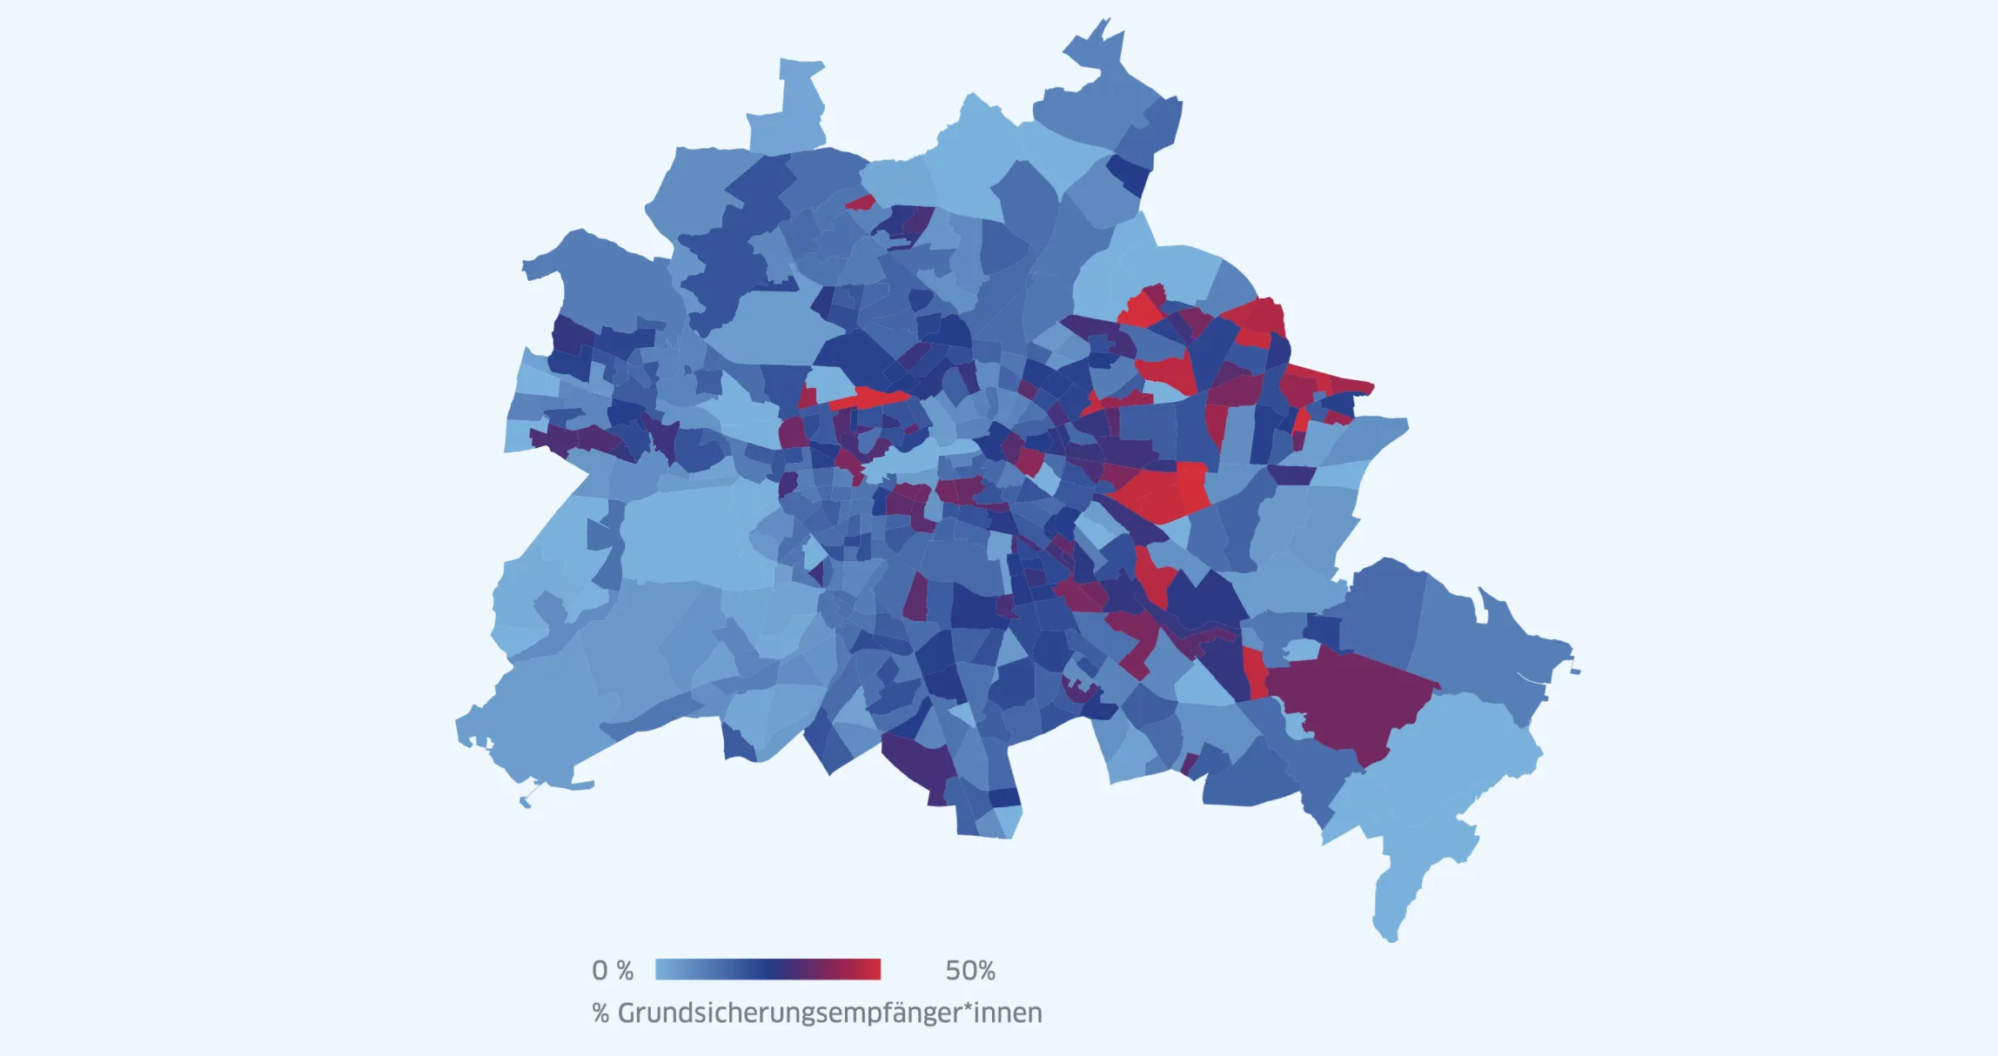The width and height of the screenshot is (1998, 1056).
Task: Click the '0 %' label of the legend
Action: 612,970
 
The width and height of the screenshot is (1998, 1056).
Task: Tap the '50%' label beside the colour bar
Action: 970,970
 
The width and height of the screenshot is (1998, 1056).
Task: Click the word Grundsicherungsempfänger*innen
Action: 829,1013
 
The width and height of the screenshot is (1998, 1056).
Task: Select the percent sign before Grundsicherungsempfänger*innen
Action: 600,1013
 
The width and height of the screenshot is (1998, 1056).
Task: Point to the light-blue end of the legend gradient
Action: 665,969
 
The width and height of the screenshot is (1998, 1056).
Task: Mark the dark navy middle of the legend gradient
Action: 766,969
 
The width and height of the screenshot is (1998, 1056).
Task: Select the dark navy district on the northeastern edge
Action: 1130,175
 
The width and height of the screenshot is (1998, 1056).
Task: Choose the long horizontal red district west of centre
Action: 870,398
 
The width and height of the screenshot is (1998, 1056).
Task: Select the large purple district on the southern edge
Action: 921,764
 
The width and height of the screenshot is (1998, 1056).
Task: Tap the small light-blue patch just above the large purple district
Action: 1301,650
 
